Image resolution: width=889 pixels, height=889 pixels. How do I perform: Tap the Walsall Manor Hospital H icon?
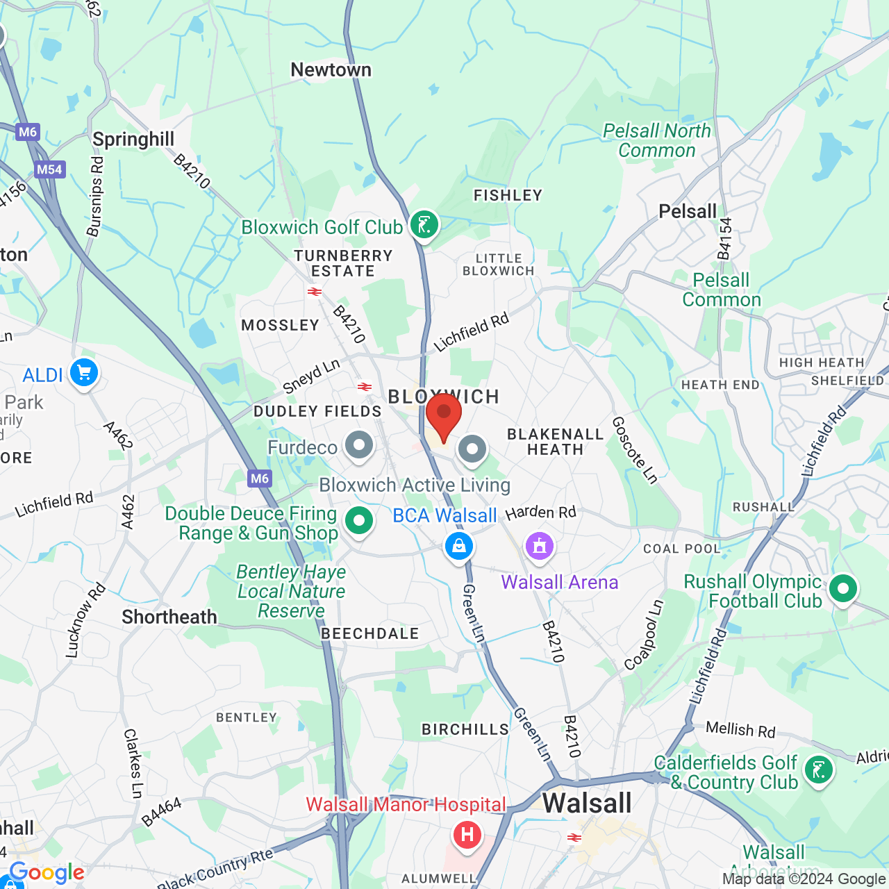click(x=467, y=834)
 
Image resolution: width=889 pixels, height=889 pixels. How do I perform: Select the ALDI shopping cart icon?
click(x=84, y=374)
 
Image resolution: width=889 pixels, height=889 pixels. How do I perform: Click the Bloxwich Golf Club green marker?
click(x=424, y=225)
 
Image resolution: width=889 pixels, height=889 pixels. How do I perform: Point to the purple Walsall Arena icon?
click(x=540, y=546)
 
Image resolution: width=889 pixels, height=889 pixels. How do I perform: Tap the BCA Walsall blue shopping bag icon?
click(x=459, y=546)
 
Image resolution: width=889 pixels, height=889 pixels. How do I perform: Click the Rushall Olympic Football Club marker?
click(x=843, y=589)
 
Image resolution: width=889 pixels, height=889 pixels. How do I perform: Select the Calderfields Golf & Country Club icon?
click(x=819, y=770)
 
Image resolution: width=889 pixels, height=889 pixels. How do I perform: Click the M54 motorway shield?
click(x=49, y=169)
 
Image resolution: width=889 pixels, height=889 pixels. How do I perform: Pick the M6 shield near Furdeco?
click(x=260, y=478)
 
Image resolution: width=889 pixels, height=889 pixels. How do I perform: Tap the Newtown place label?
click(x=331, y=70)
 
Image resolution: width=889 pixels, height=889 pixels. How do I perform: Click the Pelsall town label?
click(x=687, y=212)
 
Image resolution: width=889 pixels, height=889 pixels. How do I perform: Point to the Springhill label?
click(x=133, y=140)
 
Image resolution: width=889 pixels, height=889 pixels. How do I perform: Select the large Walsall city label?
click(x=587, y=804)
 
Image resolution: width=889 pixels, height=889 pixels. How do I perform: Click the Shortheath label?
click(x=169, y=617)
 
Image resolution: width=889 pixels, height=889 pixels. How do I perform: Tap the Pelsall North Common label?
click(x=656, y=140)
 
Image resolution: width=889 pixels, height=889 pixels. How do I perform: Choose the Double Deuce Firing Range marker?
click(x=359, y=520)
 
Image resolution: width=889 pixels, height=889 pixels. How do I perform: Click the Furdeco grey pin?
click(x=359, y=446)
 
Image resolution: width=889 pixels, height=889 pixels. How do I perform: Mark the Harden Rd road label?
click(x=540, y=513)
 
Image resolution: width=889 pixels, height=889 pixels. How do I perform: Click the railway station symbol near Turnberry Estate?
click(x=315, y=292)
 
